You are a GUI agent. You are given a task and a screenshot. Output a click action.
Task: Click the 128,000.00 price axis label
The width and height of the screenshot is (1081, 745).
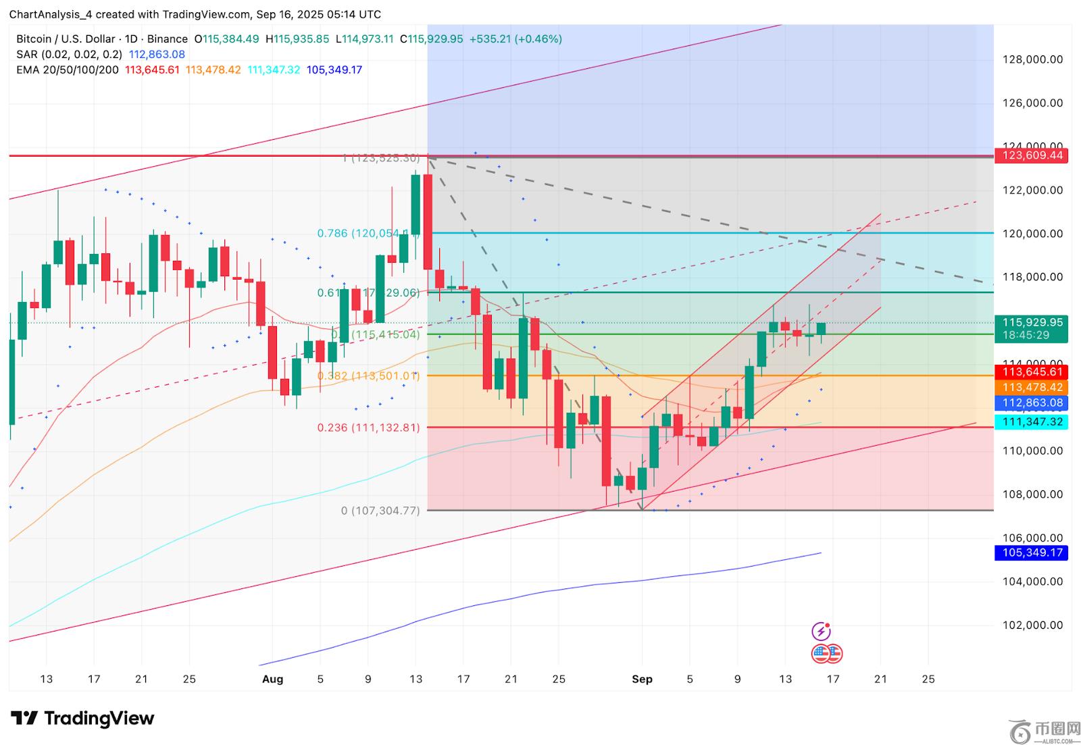[1032, 59]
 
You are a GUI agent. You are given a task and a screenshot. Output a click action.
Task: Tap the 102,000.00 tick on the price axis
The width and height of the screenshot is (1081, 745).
[1032, 625]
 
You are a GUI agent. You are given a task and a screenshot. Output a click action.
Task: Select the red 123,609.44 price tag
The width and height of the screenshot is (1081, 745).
[1032, 155]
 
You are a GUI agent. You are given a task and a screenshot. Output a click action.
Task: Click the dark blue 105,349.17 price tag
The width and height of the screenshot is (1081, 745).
[1032, 553]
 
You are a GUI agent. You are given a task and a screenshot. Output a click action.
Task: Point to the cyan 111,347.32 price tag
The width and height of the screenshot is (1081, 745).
[1032, 421]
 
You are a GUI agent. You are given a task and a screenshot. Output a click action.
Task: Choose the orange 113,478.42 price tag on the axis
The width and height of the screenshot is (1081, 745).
[1032, 387]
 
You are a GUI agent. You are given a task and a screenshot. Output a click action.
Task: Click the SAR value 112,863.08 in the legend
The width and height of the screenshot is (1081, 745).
[157, 55]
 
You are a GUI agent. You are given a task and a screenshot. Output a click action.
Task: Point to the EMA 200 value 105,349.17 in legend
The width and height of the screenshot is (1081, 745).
[334, 70]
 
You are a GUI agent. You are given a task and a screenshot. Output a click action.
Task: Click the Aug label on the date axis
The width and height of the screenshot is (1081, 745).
[272, 679]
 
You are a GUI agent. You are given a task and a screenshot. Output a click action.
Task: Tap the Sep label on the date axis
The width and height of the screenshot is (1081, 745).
[642, 679]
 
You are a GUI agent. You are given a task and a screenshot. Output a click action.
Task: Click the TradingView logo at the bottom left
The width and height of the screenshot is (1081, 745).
[82, 718]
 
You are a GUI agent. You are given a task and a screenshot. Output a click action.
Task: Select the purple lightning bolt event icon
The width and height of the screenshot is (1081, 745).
[821, 632]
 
